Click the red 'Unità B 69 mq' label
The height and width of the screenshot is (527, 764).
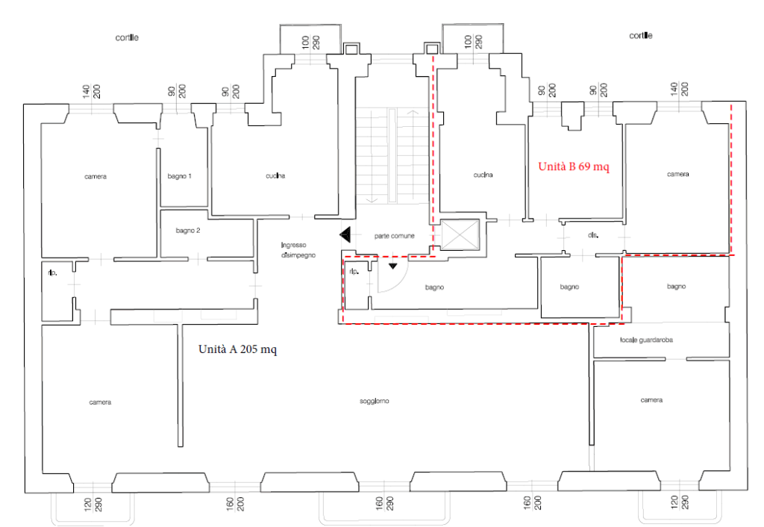[574, 166]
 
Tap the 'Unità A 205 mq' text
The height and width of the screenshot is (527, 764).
[237, 349]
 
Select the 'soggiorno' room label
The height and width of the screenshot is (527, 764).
[375, 402]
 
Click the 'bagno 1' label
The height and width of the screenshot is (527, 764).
[179, 176]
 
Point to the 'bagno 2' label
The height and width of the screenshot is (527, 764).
[188, 231]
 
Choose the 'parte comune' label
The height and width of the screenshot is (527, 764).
[394, 236]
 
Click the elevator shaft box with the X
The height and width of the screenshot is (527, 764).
[460, 234]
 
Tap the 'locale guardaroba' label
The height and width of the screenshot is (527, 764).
[647, 340]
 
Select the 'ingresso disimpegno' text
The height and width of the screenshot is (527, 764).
[298, 250]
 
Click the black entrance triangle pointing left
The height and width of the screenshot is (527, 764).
[345, 235]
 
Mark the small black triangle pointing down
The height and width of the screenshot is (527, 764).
[392, 266]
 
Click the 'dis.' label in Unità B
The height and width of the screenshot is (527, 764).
[593, 235]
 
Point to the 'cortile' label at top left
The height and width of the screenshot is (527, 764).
[127, 37]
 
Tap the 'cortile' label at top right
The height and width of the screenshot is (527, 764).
[641, 36]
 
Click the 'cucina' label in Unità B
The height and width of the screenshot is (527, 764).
[483, 175]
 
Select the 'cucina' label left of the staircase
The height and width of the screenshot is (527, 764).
[275, 175]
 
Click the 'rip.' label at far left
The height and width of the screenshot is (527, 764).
[53, 273]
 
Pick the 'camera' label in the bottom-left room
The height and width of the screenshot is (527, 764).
[100, 402]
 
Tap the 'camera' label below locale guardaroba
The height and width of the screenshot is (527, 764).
[651, 400]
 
